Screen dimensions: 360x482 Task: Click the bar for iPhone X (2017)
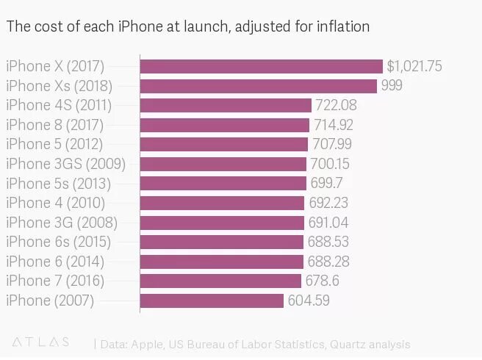[x=261, y=66]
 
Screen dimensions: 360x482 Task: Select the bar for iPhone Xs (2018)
[x=258, y=86]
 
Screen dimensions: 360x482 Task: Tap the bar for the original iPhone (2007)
[x=212, y=300]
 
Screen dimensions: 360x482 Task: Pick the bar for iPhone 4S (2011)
[x=226, y=105]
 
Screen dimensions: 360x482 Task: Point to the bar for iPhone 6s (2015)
[x=221, y=242]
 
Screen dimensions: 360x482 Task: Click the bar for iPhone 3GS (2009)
[x=223, y=164]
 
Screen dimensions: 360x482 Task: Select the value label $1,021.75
[x=414, y=66]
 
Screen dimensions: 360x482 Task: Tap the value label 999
[x=392, y=86]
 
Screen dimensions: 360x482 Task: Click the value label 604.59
[x=309, y=300]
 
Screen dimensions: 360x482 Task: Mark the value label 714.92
[x=334, y=125]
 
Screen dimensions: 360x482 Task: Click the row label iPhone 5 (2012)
[x=54, y=144]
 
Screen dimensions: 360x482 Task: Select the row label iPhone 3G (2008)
[x=62, y=222]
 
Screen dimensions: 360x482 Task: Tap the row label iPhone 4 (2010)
[x=55, y=203]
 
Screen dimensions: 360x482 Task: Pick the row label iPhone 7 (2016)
[x=55, y=281]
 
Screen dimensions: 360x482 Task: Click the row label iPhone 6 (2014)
[x=55, y=261]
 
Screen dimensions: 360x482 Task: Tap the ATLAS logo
[x=41, y=342]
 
